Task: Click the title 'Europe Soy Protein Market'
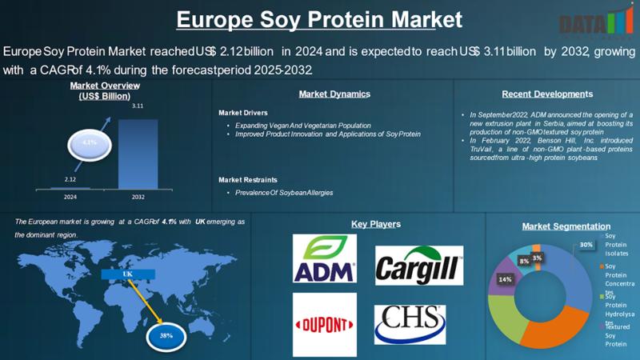319,18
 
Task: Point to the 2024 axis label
70,196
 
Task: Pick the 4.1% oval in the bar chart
89,142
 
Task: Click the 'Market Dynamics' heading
334,94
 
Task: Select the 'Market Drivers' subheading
243,113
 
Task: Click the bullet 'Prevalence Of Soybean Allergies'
284,193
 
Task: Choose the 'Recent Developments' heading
542,94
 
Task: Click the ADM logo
324,258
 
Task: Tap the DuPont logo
324,324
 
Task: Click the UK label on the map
126,274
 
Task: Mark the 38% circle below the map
166,335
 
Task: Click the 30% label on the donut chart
586,245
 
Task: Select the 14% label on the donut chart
505,279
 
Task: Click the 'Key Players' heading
376,224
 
